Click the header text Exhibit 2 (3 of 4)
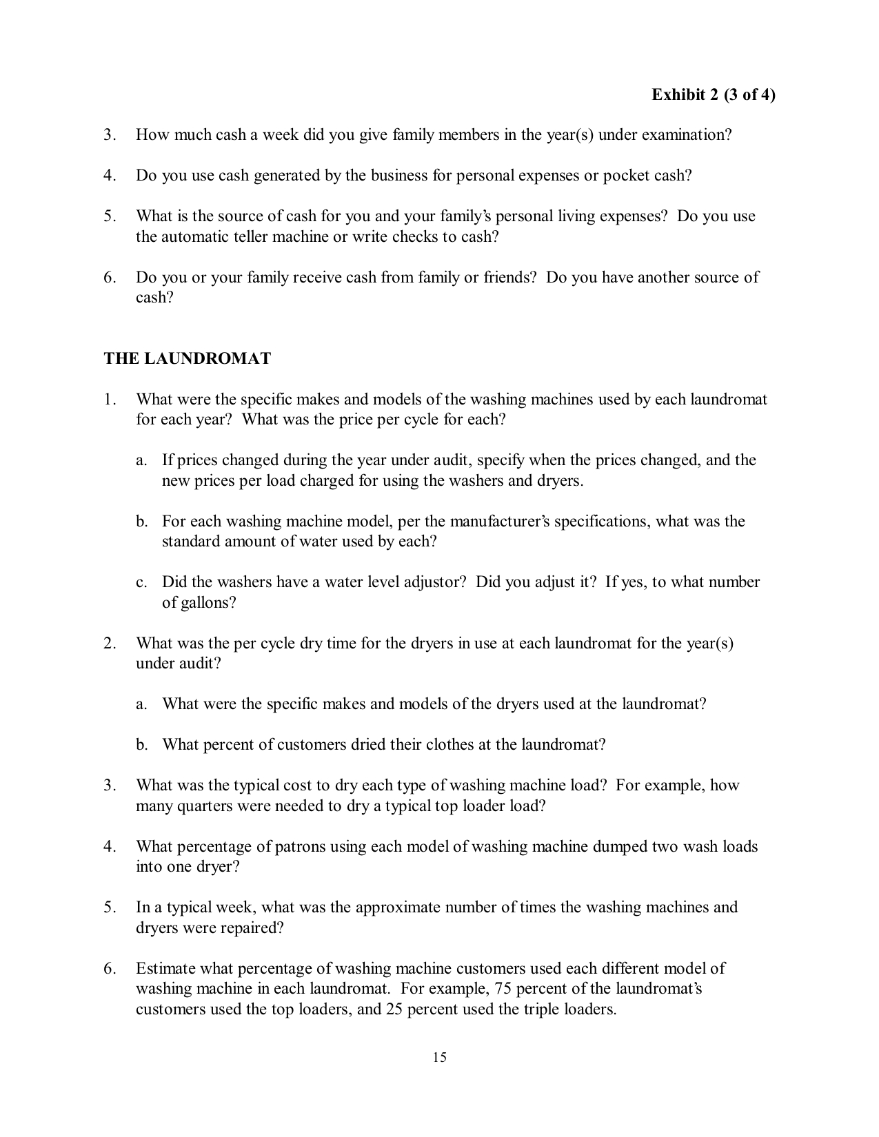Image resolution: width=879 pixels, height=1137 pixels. pyautogui.click(x=713, y=94)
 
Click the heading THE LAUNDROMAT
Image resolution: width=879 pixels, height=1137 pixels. pyautogui.click(x=188, y=358)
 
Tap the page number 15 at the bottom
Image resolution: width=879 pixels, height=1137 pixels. pyautogui.click(x=439, y=1057)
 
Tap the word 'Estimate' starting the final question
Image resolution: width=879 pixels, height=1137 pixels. pyautogui.click(x=165, y=969)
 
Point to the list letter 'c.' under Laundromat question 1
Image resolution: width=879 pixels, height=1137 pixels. pyautogui.click(x=141, y=582)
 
